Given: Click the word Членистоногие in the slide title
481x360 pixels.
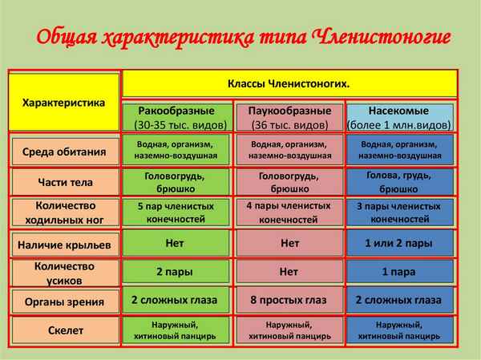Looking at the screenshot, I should pos(376,38).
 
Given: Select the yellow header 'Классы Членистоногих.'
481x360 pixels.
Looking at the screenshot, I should pos(289,83).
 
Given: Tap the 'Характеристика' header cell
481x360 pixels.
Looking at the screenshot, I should pos(63,103).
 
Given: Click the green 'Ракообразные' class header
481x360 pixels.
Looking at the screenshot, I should pos(176,117).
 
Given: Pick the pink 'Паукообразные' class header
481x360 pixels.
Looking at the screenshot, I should pos(289,117).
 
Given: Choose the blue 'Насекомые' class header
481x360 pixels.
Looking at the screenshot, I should pos(399,117).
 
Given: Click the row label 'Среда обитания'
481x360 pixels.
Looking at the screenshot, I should pos(63,151).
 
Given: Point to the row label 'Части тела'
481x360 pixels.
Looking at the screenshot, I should pos(63,181).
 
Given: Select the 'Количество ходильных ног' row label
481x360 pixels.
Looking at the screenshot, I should pos(63,212).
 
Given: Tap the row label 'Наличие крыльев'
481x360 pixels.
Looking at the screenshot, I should pos(63,243).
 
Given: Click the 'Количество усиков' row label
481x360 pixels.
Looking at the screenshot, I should pos(63,273).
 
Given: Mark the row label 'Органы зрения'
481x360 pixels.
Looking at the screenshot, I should pos(63,302).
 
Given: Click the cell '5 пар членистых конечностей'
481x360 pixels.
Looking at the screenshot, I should pos(176,212).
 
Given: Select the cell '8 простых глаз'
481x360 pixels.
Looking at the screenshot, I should pos(289,301).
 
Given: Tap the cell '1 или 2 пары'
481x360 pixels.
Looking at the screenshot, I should pos(399,242).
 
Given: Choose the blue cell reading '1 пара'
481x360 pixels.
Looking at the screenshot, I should pos(399,272).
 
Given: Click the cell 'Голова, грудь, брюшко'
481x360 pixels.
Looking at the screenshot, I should pos(399,181).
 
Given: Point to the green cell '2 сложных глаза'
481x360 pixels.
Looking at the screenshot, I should pos(176,301).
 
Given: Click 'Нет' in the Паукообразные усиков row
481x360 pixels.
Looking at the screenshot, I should pos(289,272).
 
